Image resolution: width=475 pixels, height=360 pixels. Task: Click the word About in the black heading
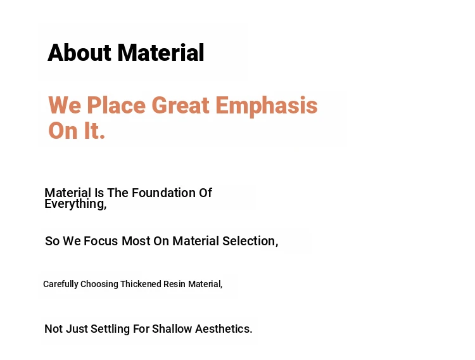(x=79, y=53)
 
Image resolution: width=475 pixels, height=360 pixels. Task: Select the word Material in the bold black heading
(x=161, y=53)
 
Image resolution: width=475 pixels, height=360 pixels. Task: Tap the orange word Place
(x=117, y=106)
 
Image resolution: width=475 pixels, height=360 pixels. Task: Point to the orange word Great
(x=180, y=106)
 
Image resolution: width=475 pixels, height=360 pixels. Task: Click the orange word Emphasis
(x=267, y=106)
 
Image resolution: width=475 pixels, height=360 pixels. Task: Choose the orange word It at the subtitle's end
(x=94, y=131)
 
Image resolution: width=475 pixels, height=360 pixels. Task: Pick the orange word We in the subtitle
(x=65, y=106)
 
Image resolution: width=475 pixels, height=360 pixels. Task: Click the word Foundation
(x=163, y=193)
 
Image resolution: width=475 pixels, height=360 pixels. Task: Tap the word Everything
(x=75, y=204)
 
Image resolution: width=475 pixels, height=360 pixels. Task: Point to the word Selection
(x=250, y=241)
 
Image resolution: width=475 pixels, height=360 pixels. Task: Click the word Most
(x=136, y=241)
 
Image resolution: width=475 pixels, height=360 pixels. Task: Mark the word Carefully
(x=61, y=284)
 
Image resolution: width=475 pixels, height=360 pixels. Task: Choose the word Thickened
(x=141, y=284)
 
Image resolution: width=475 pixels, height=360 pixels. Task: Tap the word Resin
(x=174, y=284)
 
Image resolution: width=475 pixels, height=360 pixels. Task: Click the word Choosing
(x=99, y=284)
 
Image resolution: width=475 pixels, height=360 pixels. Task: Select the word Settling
(x=110, y=329)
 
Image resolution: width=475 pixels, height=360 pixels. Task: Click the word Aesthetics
(x=224, y=329)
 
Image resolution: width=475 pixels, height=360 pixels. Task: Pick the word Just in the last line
(x=77, y=329)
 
